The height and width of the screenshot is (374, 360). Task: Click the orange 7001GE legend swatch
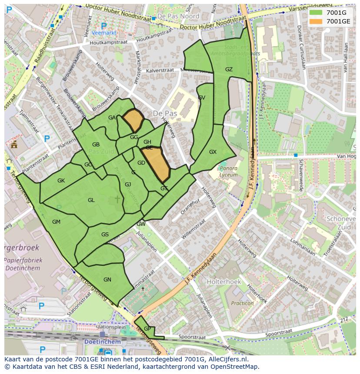(316, 21)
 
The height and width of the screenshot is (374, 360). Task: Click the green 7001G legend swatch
(316, 13)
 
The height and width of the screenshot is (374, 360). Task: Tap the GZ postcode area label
(229, 70)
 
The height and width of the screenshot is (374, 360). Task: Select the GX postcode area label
(213, 152)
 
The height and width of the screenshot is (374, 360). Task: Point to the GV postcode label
(201, 98)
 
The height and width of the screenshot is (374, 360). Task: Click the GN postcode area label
(107, 280)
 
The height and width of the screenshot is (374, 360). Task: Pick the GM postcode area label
(56, 222)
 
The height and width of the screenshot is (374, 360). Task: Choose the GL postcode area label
(91, 200)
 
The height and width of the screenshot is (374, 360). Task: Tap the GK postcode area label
(61, 181)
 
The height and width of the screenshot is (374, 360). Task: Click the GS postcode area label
(105, 235)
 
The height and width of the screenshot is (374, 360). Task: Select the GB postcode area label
(96, 145)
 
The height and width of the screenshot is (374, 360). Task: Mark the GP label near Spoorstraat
(147, 329)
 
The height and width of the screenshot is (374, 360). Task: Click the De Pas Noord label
(178, 16)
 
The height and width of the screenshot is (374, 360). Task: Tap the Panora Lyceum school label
(229, 172)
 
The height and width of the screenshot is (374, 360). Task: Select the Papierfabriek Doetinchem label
(23, 264)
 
